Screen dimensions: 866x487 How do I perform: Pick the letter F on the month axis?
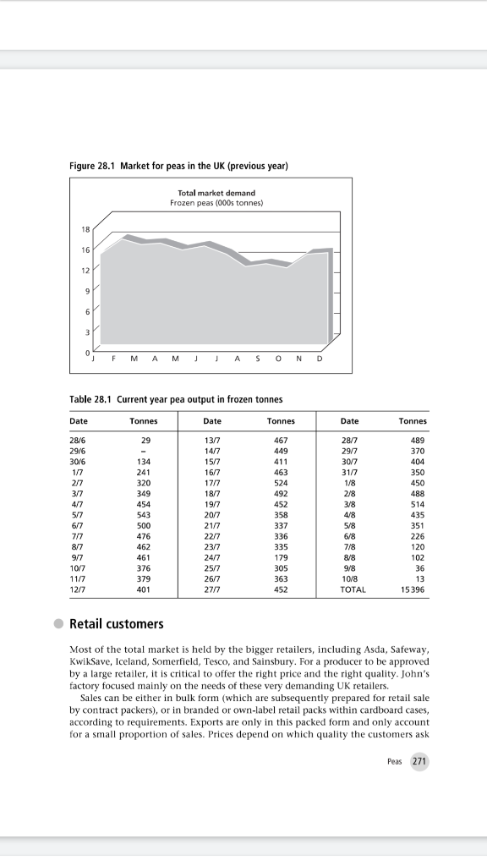[117, 358]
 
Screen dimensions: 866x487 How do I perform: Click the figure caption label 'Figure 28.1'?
[92, 165]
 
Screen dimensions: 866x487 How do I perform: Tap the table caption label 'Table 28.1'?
[90, 398]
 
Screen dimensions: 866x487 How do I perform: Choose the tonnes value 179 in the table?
[281, 557]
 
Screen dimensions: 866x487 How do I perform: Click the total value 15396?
[415, 589]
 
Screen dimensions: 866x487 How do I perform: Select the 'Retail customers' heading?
[116, 624]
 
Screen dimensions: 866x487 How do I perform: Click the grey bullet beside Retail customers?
[57, 624]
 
